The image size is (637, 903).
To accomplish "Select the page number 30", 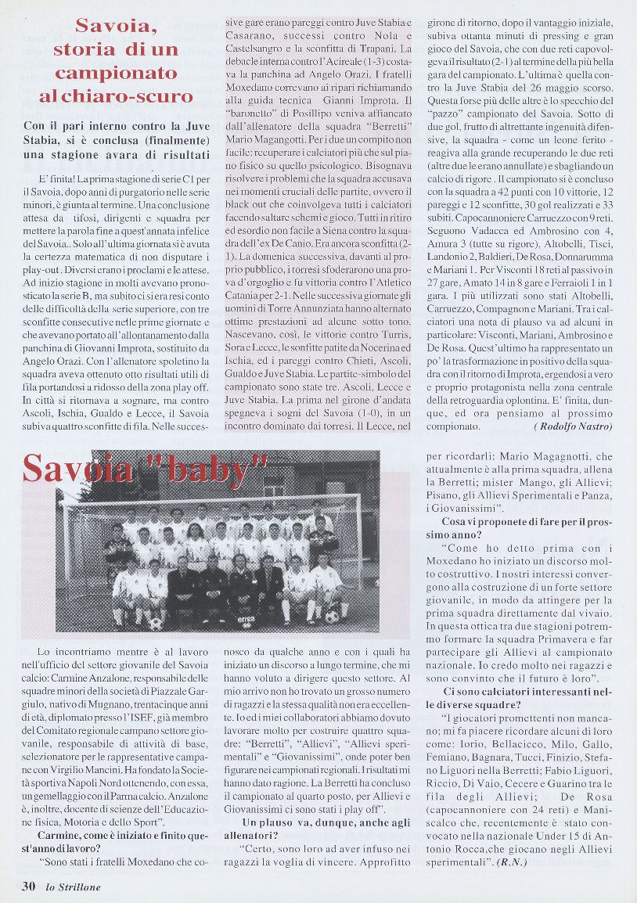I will pos(28,886).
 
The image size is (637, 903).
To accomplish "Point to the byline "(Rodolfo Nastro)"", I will pos(574,426).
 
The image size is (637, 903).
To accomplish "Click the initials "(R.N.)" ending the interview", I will pos(511,862).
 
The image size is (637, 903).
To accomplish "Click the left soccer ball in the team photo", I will pos(157,624).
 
